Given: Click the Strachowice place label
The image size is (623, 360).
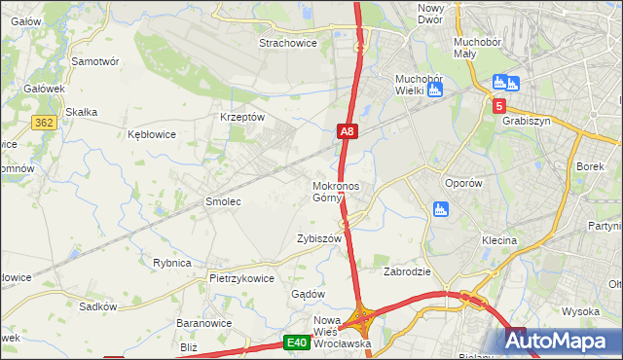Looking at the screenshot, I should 290,43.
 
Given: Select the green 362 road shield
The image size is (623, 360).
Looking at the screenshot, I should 43,123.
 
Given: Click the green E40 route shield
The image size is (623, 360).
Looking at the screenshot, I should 297,342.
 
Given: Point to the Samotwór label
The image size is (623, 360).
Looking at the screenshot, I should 95,60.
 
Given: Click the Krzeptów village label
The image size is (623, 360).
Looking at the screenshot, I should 242,117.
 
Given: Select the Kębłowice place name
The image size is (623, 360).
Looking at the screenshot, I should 152,134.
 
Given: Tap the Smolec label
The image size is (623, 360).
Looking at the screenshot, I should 222,201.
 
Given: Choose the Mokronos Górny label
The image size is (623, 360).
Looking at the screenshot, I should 336,192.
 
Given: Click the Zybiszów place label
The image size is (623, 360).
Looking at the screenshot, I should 319,238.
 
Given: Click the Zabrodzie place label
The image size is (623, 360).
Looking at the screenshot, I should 407,272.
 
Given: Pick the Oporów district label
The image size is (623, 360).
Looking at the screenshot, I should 463,182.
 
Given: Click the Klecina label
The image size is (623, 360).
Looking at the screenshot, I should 498,239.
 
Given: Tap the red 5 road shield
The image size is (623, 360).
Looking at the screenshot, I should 499,106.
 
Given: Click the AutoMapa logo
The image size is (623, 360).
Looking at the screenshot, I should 562,341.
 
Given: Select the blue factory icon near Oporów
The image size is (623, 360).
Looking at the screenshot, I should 440,208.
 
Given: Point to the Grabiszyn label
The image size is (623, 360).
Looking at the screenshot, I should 528,122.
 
